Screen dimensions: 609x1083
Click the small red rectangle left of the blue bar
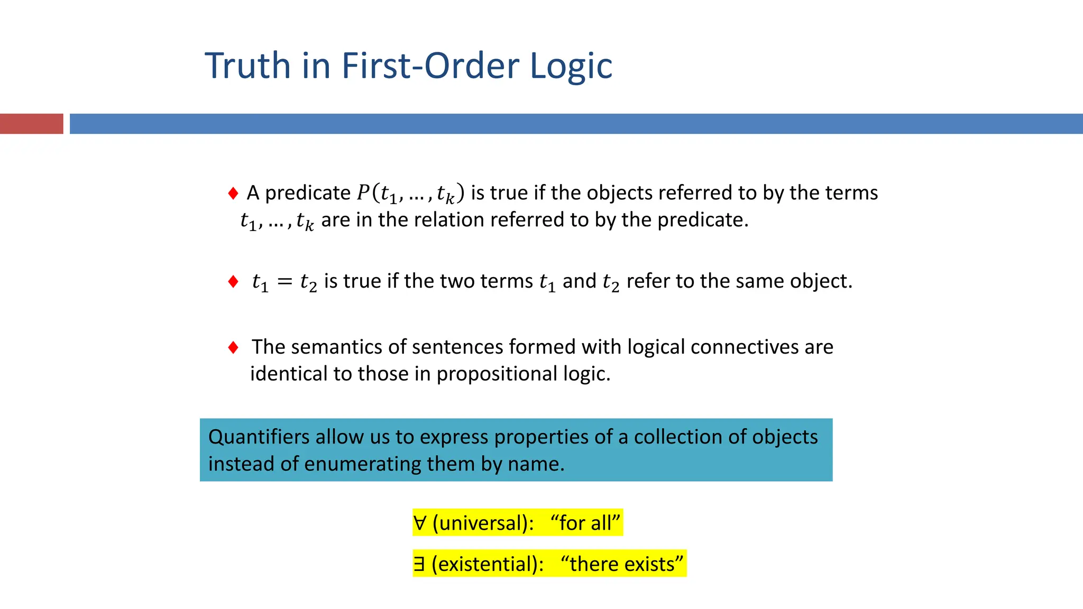point(31,124)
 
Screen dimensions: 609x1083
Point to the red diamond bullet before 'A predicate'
point(233,193)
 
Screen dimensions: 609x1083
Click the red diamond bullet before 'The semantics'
point(233,347)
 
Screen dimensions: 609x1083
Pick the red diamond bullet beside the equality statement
point(233,281)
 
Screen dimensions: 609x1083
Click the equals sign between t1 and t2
point(284,282)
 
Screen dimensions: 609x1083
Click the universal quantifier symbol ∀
point(420,523)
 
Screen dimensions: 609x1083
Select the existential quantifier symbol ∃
point(419,564)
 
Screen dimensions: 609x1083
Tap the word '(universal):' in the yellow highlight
point(483,523)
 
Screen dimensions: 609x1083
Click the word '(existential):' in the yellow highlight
point(488,564)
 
